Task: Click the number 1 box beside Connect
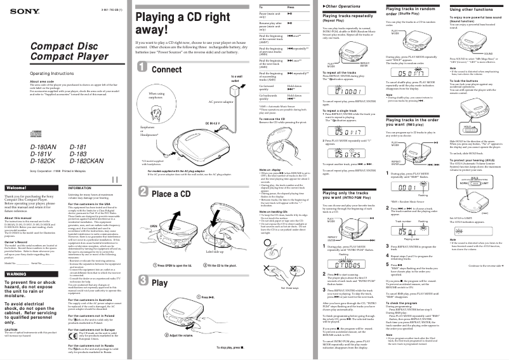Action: pos(144,69)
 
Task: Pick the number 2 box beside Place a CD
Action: pos(144,193)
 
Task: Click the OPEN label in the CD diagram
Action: pos(153,226)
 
